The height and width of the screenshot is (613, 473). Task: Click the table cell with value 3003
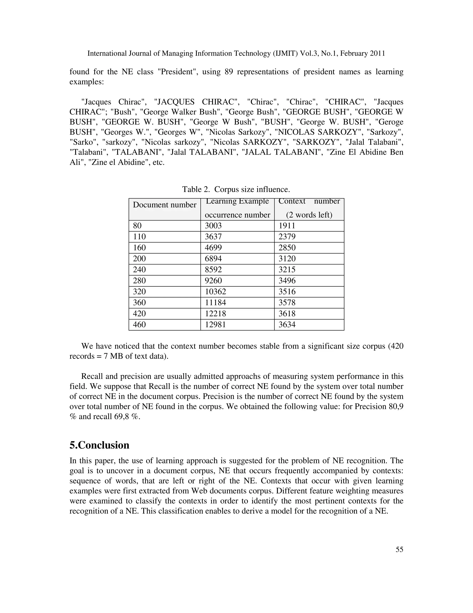pyautogui.click(x=213, y=226)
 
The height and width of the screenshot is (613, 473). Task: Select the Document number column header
pyautogui.click(x=164, y=205)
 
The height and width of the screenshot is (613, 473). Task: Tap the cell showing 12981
pyautogui.click(x=215, y=325)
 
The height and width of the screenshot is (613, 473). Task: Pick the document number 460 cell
pyautogui.click(x=139, y=325)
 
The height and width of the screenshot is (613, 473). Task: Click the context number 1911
pyautogui.click(x=287, y=226)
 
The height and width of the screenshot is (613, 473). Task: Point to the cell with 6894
pyautogui.click(x=213, y=259)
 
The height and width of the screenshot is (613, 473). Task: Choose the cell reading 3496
pyautogui.click(x=287, y=281)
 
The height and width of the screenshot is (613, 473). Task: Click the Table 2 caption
pyautogui.click(x=236, y=189)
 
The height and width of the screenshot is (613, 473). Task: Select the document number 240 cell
pyautogui.click(x=139, y=270)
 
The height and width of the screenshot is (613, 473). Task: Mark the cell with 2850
pyautogui.click(x=287, y=248)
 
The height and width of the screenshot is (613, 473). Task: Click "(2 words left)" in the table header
pyautogui.click(x=309, y=215)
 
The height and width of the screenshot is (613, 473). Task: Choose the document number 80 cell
pyautogui.click(x=137, y=226)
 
